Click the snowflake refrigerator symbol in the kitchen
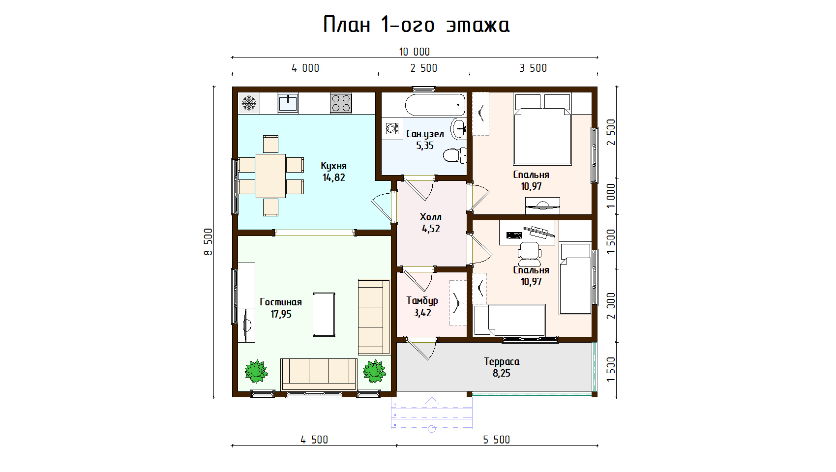click(x=248, y=103)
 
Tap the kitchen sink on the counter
click(x=288, y=103)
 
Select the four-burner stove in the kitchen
click(x=341, y=103)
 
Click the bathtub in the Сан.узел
click(x=435, y=105)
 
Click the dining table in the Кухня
click(x=270, y=176)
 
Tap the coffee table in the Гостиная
click(x=324, y=315)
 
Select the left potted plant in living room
click(x=256, y=371)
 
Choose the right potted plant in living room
click(x=375, y=371)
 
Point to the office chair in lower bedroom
click(x=529, y=251)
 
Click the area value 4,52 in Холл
click(x=431, y=229)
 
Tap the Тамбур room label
click(x=422, y=301)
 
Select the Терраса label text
click(x=502, y=361)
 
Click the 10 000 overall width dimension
click(x=414, y=52)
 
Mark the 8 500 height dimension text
click(x=208, y=242)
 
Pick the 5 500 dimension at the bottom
click(x=496, y=440)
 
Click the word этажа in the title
click(x=478, y=26)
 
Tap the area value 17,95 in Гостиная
click(x=281, y=314)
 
